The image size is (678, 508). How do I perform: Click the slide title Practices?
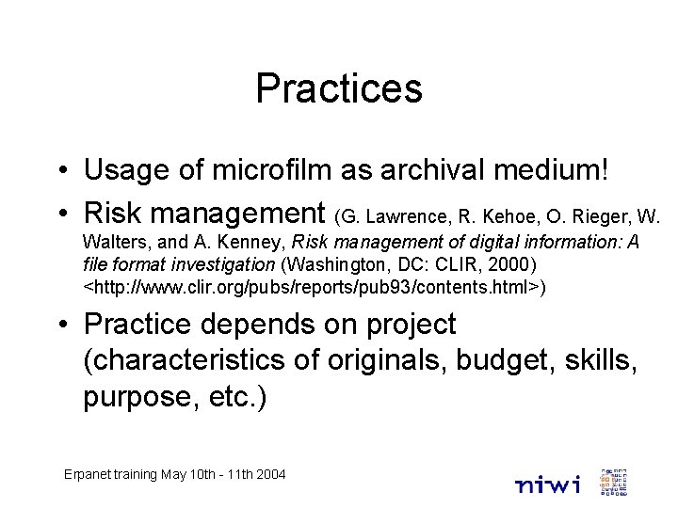pos(339,89)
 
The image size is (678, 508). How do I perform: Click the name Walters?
pos(113,243)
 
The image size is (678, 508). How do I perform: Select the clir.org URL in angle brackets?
pos(311,285)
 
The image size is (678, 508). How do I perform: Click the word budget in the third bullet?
pos(425,360)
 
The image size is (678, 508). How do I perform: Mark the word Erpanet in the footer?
pos(89,475)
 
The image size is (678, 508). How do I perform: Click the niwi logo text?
pos(548,484)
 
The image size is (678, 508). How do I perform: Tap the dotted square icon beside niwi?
pos(613,481)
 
